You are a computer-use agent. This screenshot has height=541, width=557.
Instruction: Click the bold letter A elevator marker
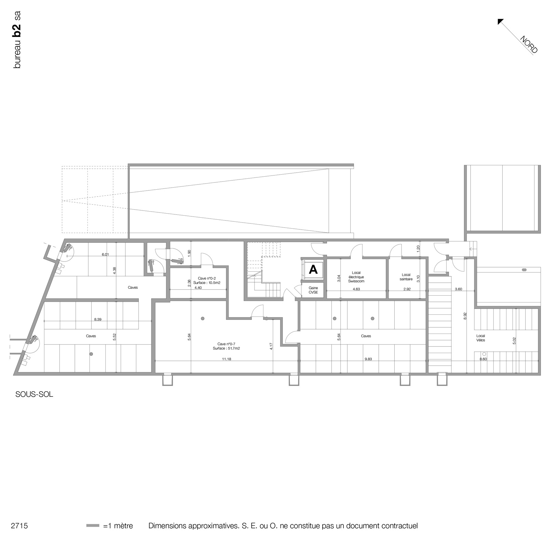click(313, 270)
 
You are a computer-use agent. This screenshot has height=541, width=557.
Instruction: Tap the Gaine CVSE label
click(313, 290)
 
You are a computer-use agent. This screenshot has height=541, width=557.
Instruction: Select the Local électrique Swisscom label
click(356, 277)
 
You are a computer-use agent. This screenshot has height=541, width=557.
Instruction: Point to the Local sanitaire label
click(406, 277)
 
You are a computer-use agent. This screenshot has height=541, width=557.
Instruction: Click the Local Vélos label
click(480, 338)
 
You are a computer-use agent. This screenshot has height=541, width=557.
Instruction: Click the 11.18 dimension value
click(227, 359)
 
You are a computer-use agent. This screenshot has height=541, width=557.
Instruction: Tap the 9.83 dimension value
click(368, 359)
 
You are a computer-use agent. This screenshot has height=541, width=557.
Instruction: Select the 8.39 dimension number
click(98, 320)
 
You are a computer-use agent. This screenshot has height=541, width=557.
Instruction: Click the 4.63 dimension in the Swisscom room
click(356, 289)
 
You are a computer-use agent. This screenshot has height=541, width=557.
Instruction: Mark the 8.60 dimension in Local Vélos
click(483, 359)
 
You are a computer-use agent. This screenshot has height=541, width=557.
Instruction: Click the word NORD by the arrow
click(529, 44)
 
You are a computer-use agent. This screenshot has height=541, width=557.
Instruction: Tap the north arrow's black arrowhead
click(500, 22)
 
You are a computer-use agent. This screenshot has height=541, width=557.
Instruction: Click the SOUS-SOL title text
click(34, 394)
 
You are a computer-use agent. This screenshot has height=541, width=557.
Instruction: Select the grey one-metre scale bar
click(93, 525)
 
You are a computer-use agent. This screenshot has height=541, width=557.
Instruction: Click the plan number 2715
click(19, 526)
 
